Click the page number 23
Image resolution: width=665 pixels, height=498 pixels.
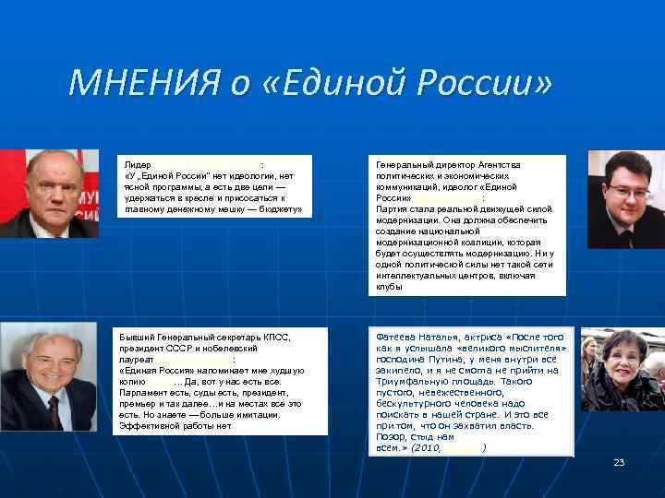(x=619, y=462)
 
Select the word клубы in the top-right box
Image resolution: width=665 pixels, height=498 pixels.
(x=389, y=286)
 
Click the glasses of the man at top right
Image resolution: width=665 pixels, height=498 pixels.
(x=629, y=192)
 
